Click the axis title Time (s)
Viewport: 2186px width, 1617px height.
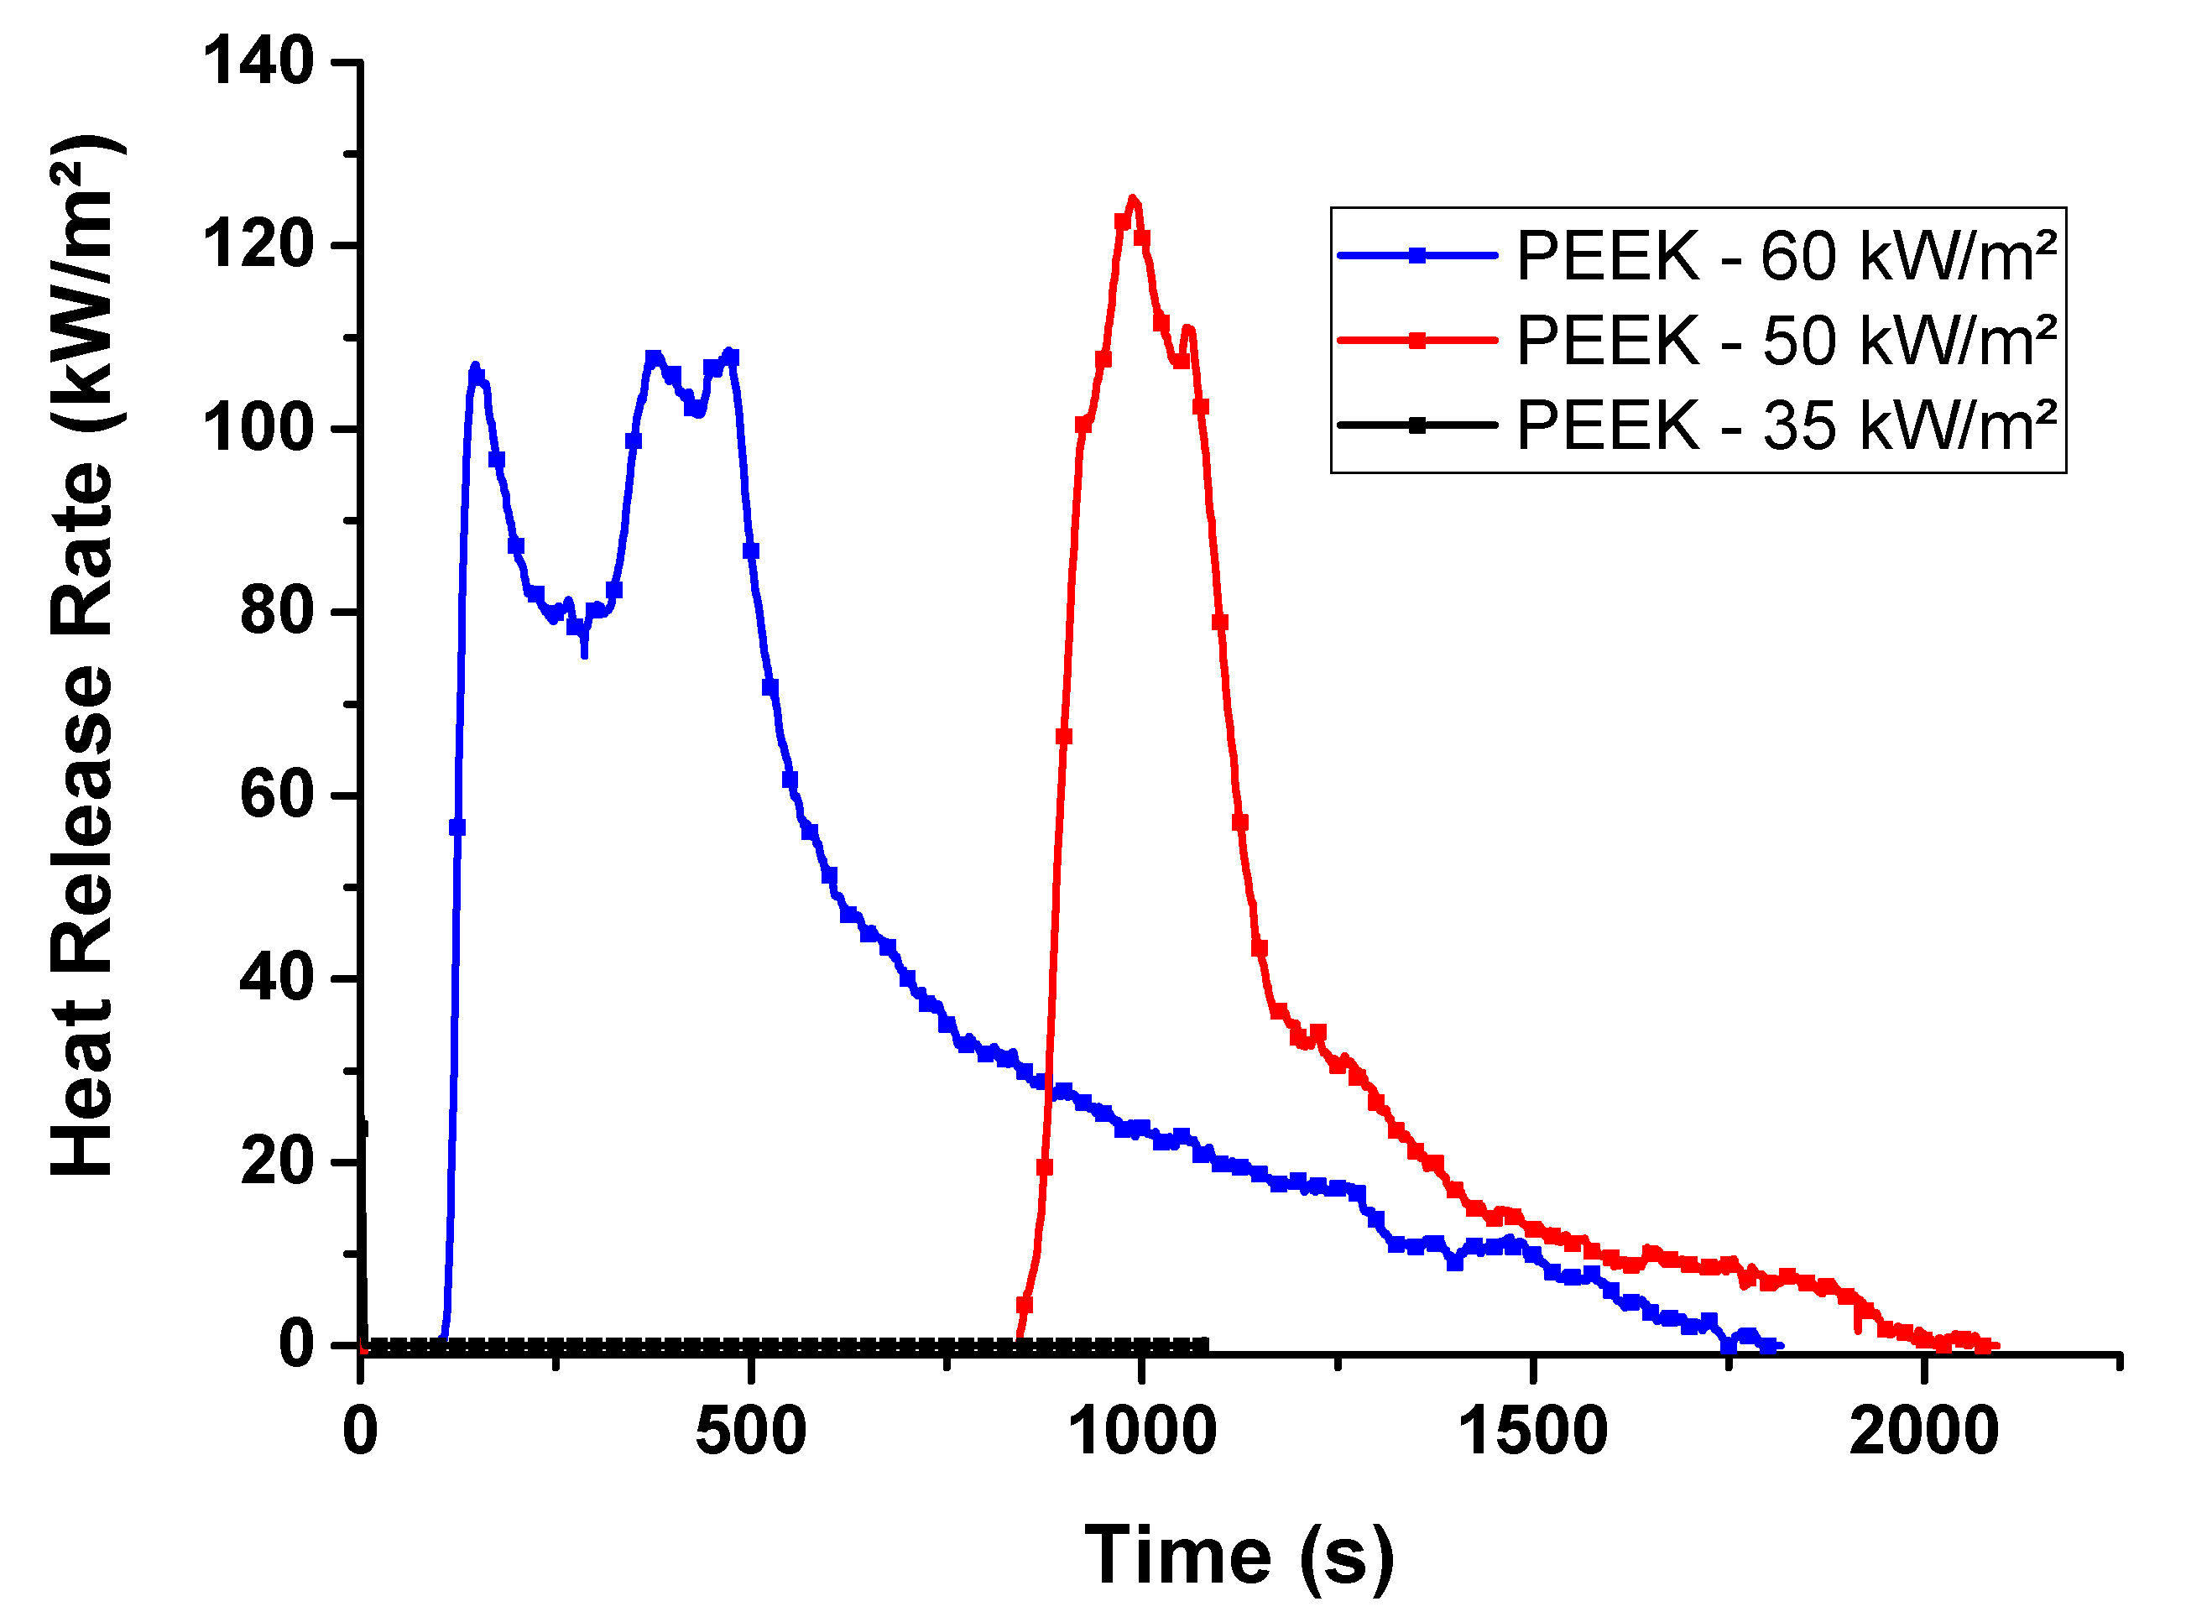(1239, 1557)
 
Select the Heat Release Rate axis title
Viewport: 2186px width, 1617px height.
(84, 656)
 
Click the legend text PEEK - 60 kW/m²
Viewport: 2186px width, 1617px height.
(1787, 257)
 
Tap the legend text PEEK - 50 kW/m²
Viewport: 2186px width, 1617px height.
(1787, 341)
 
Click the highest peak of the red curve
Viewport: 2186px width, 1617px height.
(1134, 199)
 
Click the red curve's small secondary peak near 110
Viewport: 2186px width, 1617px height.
(1187, 329)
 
